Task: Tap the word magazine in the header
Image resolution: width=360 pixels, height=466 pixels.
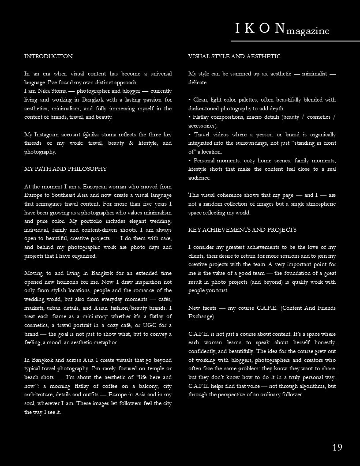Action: click(x=308, y=31)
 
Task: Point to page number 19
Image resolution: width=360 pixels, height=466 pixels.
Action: click(x=337, y=447)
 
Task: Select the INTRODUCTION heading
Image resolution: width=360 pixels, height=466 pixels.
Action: click(x=49, y=56)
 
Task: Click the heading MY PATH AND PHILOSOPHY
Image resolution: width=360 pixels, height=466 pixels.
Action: click(x=65, y=169)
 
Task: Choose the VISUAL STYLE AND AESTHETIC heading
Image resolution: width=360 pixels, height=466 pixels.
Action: click(x=234, y=56)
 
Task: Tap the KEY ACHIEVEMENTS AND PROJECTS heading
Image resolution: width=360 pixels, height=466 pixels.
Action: click(x=242, y=230)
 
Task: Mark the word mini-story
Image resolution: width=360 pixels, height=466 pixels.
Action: click(x=85, y=316)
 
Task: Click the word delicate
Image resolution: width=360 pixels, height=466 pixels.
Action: click(x=198, y=83)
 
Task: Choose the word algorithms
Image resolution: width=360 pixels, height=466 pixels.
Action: click(x=311, y=386)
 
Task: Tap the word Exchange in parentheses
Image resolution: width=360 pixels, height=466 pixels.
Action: click(x=201, y=316)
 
